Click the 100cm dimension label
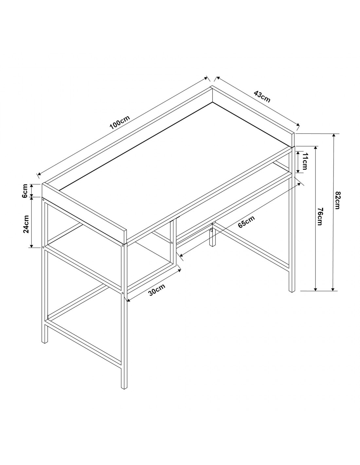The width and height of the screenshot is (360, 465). coord(119,123)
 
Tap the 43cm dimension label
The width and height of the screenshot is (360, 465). coord(262,97)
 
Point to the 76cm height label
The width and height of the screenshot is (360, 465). coord(320,216)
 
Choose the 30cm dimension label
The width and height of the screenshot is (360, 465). coord(157,290)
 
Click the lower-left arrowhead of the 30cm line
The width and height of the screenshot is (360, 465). coord(129,300)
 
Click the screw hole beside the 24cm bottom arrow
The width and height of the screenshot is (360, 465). coord(44,247)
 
